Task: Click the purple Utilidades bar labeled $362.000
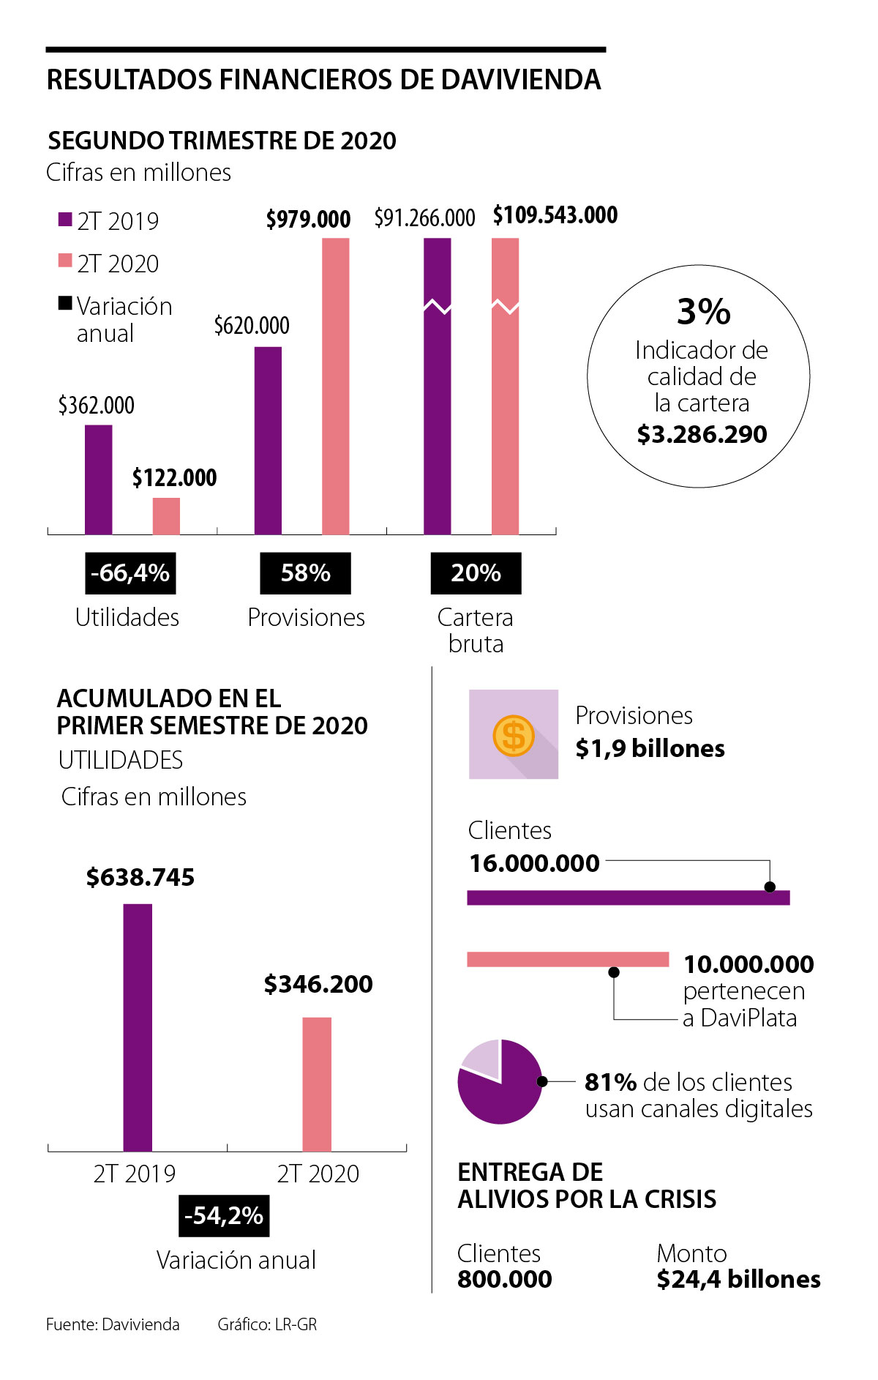[98, 480]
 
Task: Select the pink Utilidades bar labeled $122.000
[166, 516]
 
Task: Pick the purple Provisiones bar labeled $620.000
[268, 440]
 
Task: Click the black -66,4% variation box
[130, 572]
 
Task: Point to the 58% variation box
[305, 572]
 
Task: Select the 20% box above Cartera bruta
[476, 572]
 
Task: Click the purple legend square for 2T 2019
[65, 219]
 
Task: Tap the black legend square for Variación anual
[65, 303]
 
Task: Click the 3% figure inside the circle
[703, 312]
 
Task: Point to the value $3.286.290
[702, 434]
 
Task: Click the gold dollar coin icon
[514, 735]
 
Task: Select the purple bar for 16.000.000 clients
[628, 898]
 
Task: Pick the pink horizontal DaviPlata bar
[568, 959]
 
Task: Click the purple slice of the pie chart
[505, 1091]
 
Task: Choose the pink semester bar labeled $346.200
[317, 1084]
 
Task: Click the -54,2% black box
[224, 1215]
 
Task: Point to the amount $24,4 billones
[738, 1279]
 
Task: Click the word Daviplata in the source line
[140, 1324]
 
